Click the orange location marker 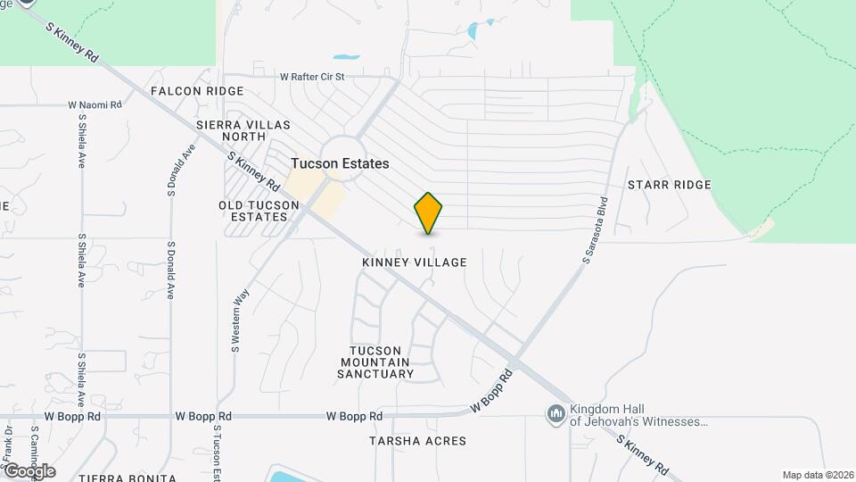click(x=429, y=212)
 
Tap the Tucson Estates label click(x=340, y=164)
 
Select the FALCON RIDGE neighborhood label click(x=197, y=91)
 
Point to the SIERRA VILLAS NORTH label click(x=231, y=130)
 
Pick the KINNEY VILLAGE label click(x=415, y=262)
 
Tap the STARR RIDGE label click(x=669, y=185)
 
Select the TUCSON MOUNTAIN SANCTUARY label click(x=375, y=362)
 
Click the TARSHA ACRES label click(x=418, y=441)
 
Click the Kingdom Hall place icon click(x=556, y=413)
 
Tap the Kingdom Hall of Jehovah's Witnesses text click(x=639, y=413)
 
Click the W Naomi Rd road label click(x=95, y=105)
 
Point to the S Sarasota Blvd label click(x=595, y=230)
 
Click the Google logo click(x=30, y=471)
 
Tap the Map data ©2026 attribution click(x=818, y=475)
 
